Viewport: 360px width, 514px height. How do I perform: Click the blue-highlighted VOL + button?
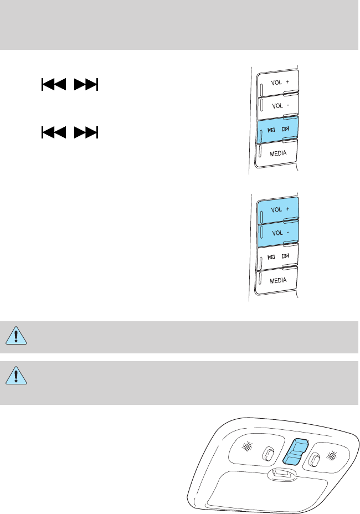(x=278, y=210)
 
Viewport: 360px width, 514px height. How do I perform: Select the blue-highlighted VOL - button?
(x=278, y=233)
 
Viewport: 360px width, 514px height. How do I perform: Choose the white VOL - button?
(x=278, y=105)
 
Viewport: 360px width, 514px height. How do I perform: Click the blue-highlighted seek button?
(x=278, y=129)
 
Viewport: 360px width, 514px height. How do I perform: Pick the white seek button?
(x=278, y=257)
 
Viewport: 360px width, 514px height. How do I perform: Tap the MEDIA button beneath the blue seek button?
(x=278, y=153)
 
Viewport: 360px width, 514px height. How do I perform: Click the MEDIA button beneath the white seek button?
(x=278, y=280)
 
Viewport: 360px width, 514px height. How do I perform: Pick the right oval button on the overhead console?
(x=316, y=459)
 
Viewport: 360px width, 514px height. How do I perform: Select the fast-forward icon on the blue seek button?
(x=286, y=129)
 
